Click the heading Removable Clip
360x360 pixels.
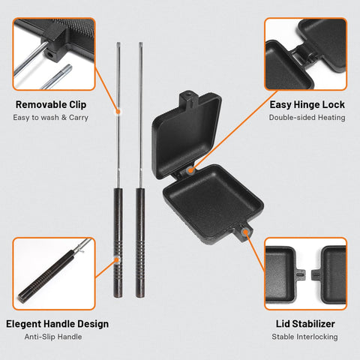coord(56,104)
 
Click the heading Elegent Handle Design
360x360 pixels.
coord(57,324)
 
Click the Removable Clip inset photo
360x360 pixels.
coord(54,54)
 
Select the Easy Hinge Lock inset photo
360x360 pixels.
coord(305,54)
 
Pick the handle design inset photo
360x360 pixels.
coord(54,274)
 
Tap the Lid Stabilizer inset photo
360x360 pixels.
coord(305,274)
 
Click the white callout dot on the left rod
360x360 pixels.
coord(118,110)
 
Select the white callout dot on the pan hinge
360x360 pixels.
coord(193,171)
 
